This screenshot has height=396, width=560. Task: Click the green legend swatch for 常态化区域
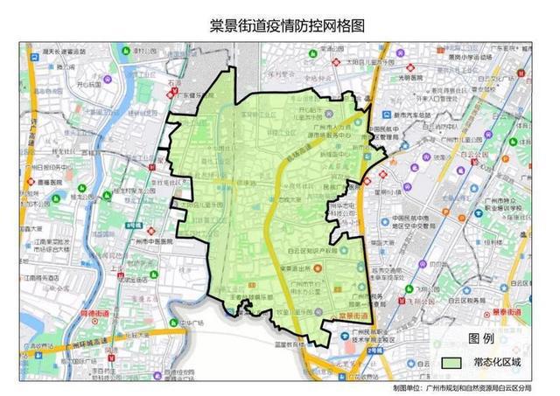[x=451, y=361]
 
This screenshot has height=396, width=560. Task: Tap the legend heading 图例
[x=481, y=338]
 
